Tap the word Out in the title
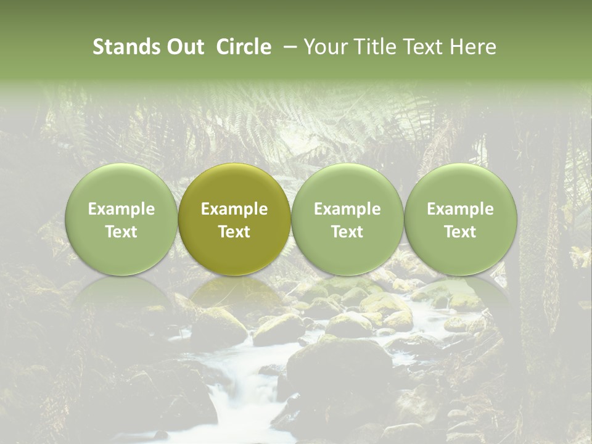tap(183, 47)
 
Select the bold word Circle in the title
tap(244, 47)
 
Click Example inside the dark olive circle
tap(234, 209)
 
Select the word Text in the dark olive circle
tap(234, 232)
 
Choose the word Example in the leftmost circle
tap(121, 209)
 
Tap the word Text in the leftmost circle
tap(121, 232)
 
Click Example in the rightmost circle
tap(460, 209)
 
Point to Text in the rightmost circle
tap(460, 232)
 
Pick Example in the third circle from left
tap(347, 209)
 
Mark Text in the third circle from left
tap(347, 232)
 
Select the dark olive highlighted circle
tap(234, 185)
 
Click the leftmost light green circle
tap(121, 185)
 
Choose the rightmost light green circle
tap(460, 185)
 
